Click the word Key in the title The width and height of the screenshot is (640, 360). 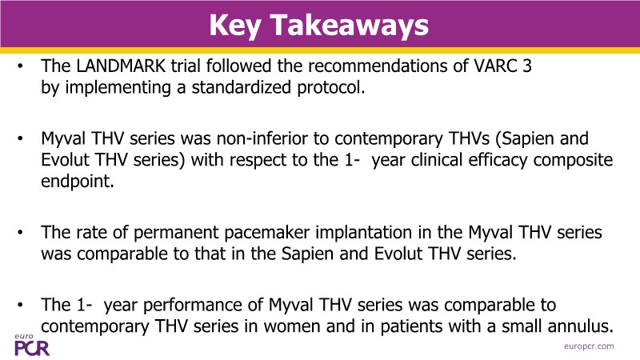tap(234, 26)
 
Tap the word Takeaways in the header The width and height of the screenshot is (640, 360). tap(350, 25)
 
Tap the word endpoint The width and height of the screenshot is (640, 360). tap(77, 182)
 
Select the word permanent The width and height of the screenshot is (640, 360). tap(176, 233)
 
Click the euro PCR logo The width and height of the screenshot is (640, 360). tap(32, 346)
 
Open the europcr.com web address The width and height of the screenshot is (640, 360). tap(589, 346)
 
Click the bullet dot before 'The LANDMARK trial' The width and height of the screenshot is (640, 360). tap(20, 66)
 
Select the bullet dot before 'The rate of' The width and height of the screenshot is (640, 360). tap(20, 232)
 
